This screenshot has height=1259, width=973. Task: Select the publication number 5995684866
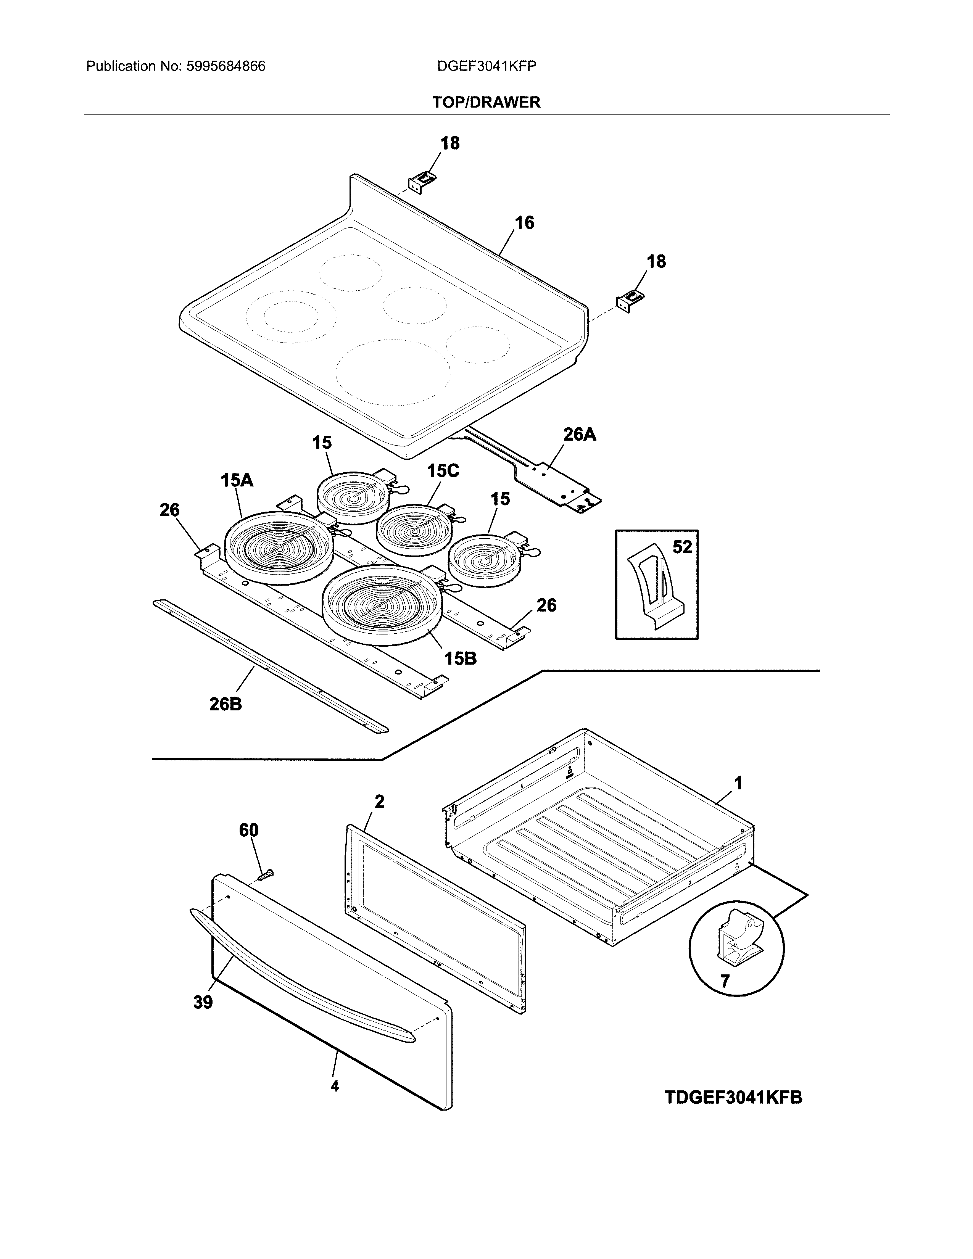tap(226, 66)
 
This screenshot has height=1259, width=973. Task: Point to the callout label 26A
tap(579, 434)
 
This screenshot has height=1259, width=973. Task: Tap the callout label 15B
tap(460, 658)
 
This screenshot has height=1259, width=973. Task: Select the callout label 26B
tap(226, 704)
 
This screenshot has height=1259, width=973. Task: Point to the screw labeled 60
tap(266, 875)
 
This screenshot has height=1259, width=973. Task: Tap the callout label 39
tap(203, 1003)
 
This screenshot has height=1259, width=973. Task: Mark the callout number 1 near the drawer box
tap(738, 783)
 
